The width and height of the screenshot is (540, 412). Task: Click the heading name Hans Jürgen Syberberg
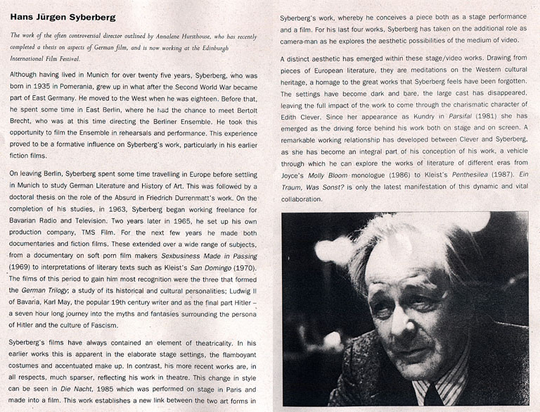coord(63,16)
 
